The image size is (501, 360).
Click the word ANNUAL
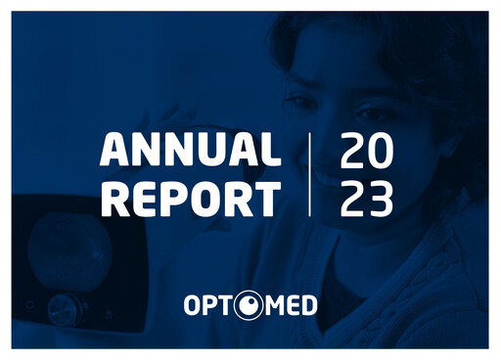[191, 150]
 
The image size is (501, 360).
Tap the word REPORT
[191, 199]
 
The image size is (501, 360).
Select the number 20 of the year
[367, 150]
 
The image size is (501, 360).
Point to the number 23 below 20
[367, 199]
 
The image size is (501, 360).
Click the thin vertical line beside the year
[310, 174]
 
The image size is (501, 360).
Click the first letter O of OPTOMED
[193, 307]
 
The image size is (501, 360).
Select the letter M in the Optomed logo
[271, 307]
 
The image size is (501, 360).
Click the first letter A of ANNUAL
[114, 150]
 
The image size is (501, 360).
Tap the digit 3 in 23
[382, 199]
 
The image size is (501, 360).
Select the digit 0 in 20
[382, 150]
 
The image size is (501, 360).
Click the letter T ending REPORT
[265, 199]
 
